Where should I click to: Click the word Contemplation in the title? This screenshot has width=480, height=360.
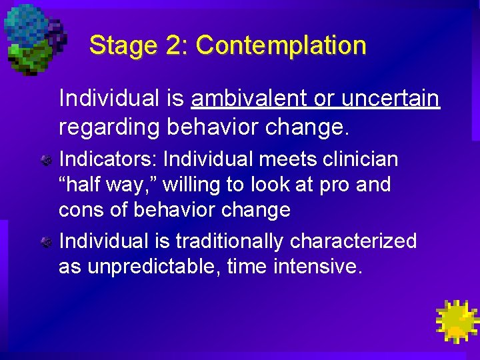pos(281,46)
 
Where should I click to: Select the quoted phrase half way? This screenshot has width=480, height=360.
pos(103,185)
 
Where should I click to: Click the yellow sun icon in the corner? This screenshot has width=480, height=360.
pos(456,321)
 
